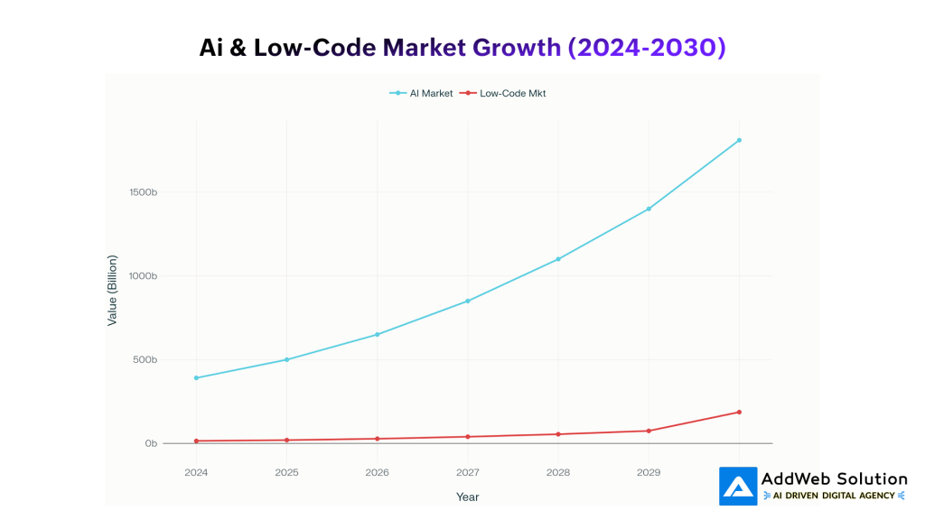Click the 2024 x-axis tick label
pyautogui.click(x=196, y=472)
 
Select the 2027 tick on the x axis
pyautogui.click(x=467, y=472)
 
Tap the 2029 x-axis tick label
pyautogui.click(x=648, y=472)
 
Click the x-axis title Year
pyautogui.click(x=467, y=497)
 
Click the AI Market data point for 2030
pyautogui.click(x=739, y=140)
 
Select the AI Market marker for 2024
pyautogui.click(x=196, y=377)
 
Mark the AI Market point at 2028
pyautogui.click(x=558, y=259)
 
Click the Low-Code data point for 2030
pyautogui.click(x=739, y=412)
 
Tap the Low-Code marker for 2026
pyautogui.click(x=377, y=439)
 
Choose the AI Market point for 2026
pyautogui.click(x=377, y=334)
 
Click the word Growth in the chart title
pyautogui.click(x=517, y=47)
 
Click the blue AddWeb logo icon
pyautogui.click(x=738, y=486)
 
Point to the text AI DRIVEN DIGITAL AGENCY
pyautogui.click(x=835, y=496)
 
